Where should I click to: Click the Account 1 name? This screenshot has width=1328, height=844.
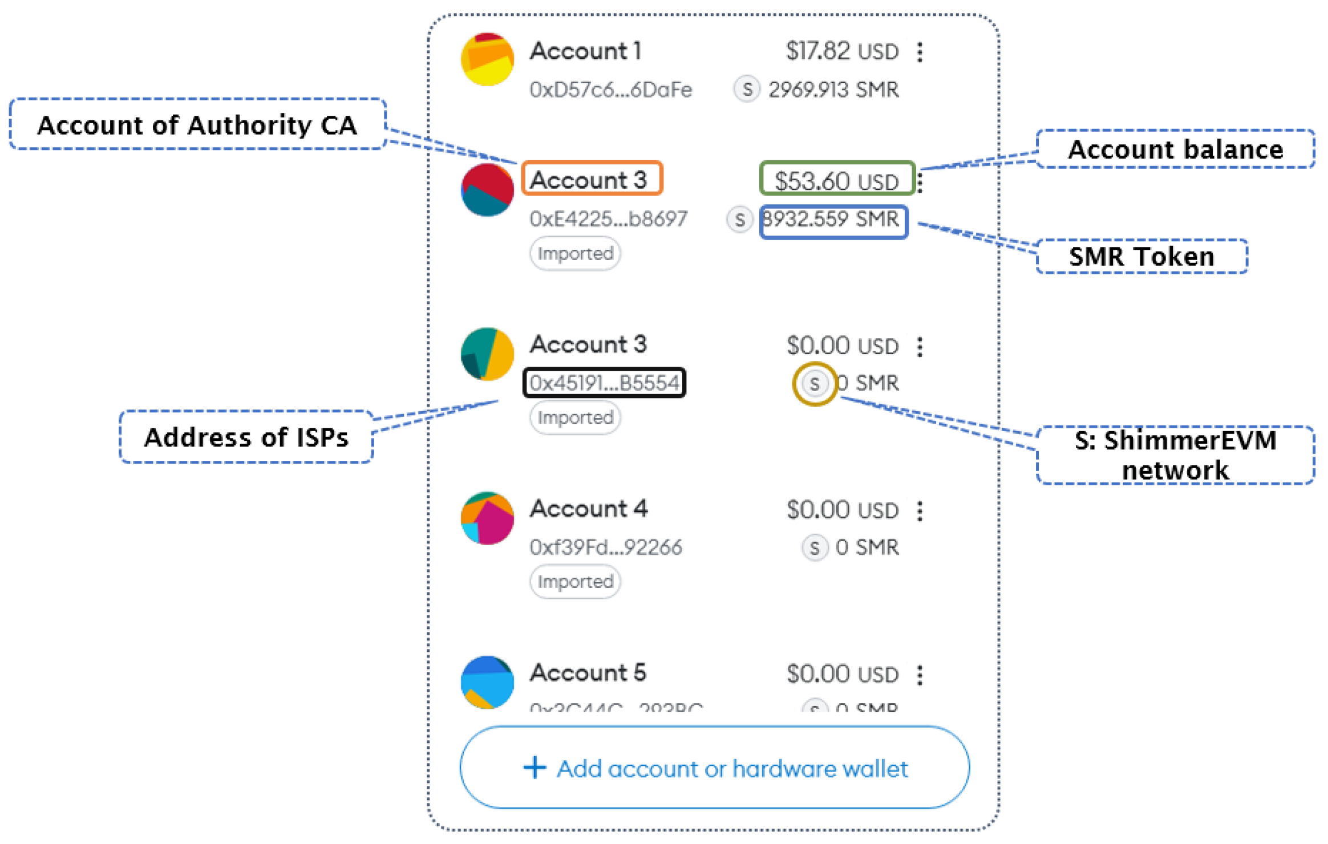586,51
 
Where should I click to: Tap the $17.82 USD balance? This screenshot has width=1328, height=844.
842,51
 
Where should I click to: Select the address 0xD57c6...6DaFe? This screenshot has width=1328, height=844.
610,90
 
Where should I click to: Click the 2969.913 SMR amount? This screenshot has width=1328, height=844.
833,90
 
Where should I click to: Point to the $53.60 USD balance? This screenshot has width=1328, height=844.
836,181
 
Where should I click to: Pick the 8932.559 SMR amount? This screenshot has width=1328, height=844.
833,220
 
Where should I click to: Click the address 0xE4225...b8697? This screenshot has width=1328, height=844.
608,219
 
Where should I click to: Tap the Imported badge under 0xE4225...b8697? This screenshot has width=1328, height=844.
575,254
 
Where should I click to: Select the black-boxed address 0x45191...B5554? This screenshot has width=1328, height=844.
604,383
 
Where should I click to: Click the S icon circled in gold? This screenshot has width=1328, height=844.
815,384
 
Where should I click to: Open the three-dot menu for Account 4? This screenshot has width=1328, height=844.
920,511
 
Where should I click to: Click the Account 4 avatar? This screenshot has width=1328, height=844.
487,519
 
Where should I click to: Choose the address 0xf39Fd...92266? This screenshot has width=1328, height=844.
606,547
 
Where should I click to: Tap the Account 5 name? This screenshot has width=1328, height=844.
588,673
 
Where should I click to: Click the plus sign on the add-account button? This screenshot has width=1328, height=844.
535,768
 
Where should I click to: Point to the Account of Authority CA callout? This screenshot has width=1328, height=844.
197,125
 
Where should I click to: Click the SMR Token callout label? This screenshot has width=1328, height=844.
1141,257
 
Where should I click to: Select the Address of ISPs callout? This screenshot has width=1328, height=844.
246,437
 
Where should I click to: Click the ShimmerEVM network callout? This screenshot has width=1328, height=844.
1175,455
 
